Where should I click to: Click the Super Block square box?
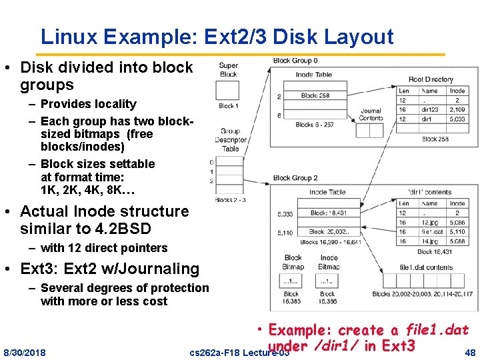tap(228, 89)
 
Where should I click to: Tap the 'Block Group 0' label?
tap(295, 61)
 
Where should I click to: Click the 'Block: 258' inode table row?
tap(315, 95)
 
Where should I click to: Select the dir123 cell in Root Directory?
tap(430, 109)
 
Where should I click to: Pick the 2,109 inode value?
tap(457, 109)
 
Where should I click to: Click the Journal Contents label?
tap(371, 115)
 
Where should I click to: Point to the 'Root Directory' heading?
tap(431, 79)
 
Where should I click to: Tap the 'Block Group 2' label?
tap(295, 178)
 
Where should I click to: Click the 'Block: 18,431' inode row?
tap(328, 213)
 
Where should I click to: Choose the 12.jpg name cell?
tap(430, 222)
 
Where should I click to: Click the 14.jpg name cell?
tap(430, 241)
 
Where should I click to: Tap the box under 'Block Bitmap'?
tap(291, 280)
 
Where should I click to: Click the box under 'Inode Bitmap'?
tap(328, 280)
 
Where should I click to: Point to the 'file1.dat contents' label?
tap(426, 267)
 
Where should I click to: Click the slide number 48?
tap(470, 351)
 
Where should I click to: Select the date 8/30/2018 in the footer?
tap(25, 351)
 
